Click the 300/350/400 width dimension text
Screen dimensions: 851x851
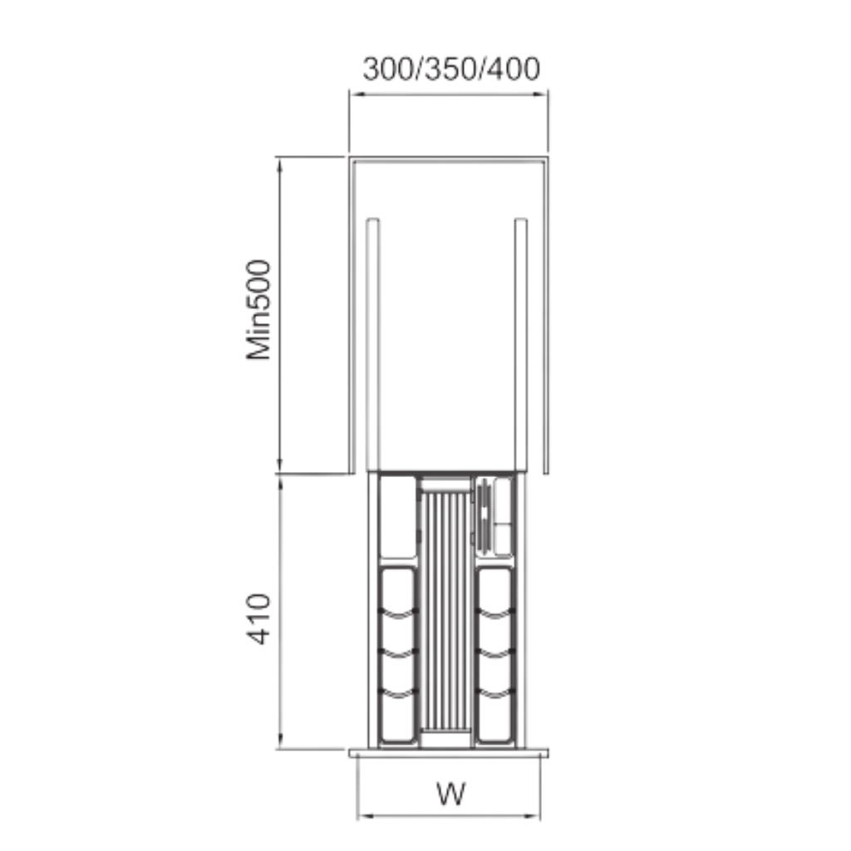(x=451, y=69)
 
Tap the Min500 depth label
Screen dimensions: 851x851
(x=258, y=310)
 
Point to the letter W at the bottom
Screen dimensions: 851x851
(x=451, y=794)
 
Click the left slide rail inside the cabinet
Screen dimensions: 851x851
(x=373, y=345)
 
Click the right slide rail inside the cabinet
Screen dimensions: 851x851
(x=520, y=345)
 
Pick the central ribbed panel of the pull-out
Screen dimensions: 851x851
(x=446, y=611)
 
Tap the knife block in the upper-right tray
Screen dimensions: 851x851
(x=485, y=515)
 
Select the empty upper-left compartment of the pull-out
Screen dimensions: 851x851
(x=398, y=517)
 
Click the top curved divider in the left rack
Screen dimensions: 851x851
(x=399, y=614)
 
